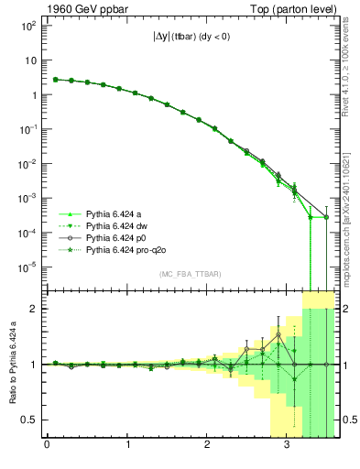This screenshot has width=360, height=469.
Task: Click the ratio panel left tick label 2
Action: (34, 309)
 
